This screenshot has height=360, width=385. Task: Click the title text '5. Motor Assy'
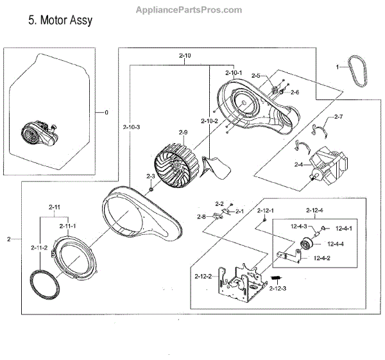click(60, 21)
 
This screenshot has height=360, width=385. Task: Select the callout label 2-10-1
click(234, 73)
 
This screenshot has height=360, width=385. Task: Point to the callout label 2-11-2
click(38, 247)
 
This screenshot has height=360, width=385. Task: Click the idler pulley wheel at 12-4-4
click(307, 244)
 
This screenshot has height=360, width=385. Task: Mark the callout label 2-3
click(151, 176)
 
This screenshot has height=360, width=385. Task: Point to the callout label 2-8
click(201, 216)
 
